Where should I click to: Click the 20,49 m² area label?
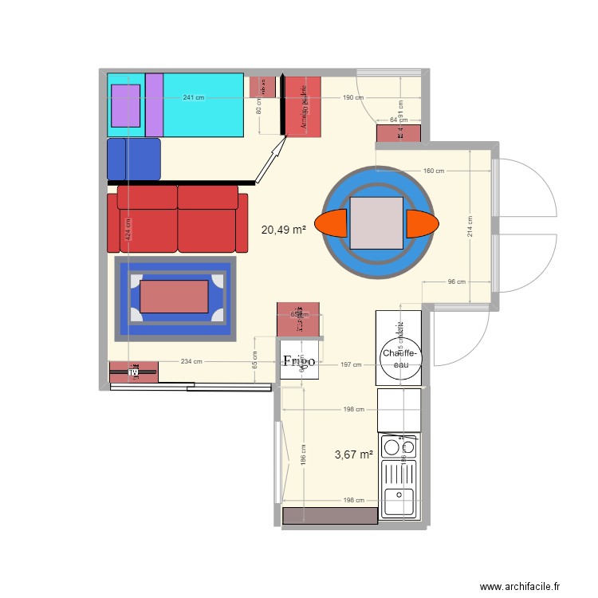[284, 230]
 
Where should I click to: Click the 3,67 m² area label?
[354, 455]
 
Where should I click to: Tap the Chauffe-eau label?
[400, 359]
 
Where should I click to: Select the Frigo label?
[299, 361]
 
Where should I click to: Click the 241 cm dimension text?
[193, 98]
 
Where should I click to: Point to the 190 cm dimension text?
[353, 98]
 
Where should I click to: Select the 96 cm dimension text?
[456, 281]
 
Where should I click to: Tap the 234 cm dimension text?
[191, 362]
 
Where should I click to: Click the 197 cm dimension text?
[351, 365]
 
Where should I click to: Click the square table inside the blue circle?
[377, 223]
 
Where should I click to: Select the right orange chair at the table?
[422, 224]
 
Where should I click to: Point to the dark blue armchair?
[134, 159]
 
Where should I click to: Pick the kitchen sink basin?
[399, 502]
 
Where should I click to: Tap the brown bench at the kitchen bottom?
[329, 516]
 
